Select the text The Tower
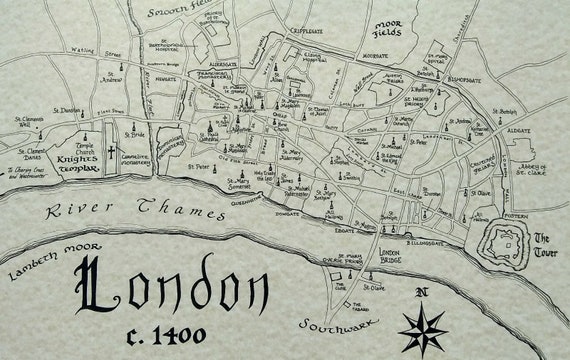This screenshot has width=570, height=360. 545,246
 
